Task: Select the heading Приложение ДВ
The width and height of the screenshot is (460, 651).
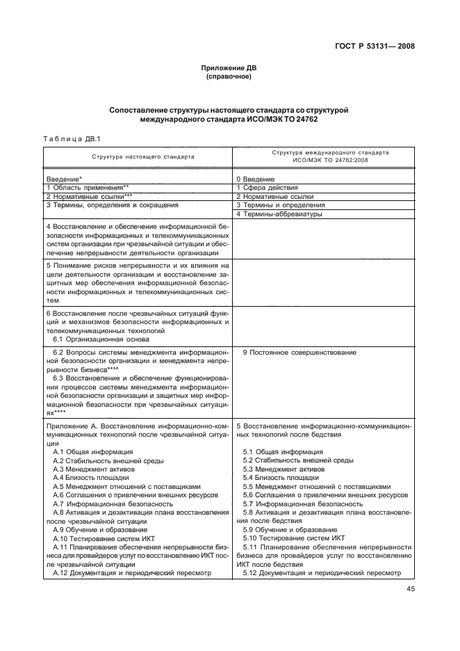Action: click(229, 68)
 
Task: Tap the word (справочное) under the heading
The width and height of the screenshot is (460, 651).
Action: click(229, 77)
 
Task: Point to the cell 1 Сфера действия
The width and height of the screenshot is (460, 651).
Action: click(268, 188)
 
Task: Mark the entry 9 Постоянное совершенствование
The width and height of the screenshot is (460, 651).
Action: click(299, 353)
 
